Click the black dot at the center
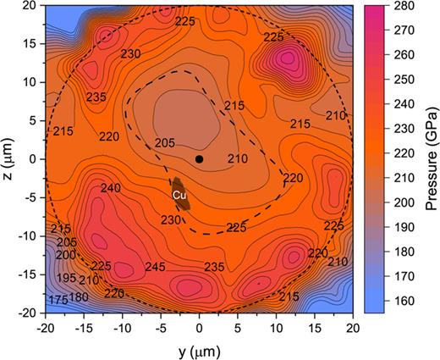click(200, 158)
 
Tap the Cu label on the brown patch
click(179, 195)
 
